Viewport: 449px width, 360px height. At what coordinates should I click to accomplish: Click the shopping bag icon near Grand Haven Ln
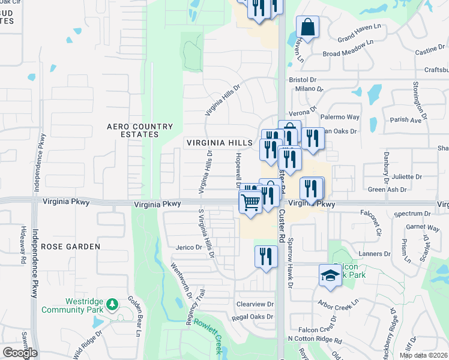(x=307, y=28)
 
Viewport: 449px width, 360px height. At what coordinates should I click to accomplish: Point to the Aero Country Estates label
(x=140, y=130)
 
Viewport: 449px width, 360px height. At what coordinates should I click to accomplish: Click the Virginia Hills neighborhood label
(x=219, y=143)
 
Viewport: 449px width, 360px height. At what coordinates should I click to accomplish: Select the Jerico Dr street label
(x=188, y=247)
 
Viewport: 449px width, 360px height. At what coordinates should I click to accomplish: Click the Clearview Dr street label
(x=255, y=304)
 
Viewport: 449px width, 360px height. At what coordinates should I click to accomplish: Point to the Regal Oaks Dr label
(x=252, y=316)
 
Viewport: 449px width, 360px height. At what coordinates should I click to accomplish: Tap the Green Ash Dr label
(x=387, y=190)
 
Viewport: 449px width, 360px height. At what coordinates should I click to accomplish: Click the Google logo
(x=20, y=353)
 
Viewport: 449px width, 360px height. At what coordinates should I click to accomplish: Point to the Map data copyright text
(x=423, y=355)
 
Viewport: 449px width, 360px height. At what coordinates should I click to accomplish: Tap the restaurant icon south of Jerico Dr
(x=266, y=257)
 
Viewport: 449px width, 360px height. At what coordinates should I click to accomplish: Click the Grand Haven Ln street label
(x=360, y=38)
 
